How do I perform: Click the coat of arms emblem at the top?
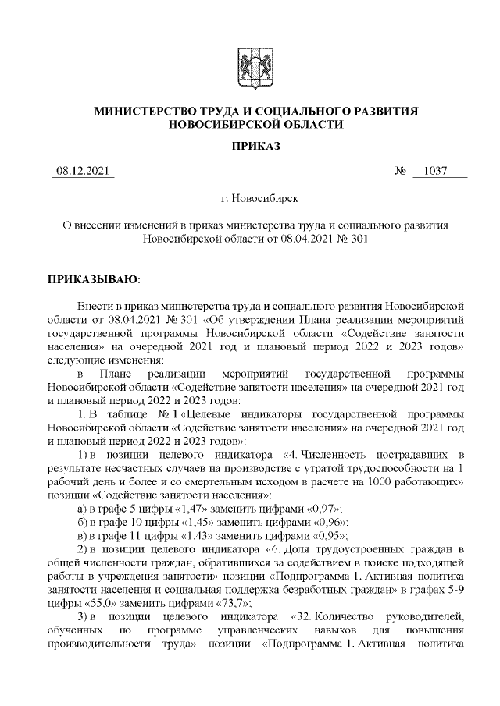(x=250, y=65)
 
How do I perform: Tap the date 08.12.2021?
(x=84, y=172)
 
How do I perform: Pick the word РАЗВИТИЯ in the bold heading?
(x=384, y=111)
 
